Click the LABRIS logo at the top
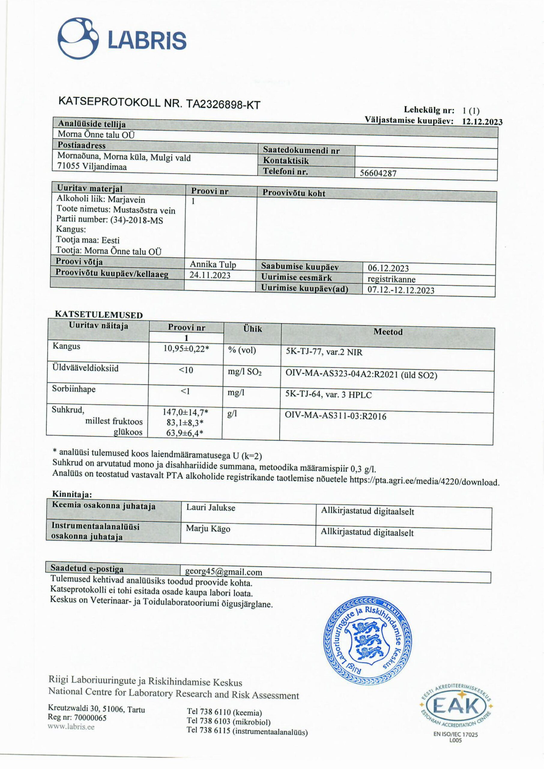pyautogui.click(x=122, y=39)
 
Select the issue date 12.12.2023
pyautogui.click(x=482, y=122)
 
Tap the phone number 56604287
pyautogui.click(x=378, y=173)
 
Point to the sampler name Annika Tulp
pyautogui.click(x=213, y=264)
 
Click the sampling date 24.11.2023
pyautogui.click(x=210, y=275)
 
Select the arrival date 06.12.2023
pyautogui.click(x=388, y=268)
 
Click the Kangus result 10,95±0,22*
pyautogui.click(x=186, y=348)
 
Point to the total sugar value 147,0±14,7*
pyautogui.click(x=186, y=412)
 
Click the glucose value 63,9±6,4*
pyautogui.click(x=185, y=433)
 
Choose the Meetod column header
pyautogui.click(x=388, y=332)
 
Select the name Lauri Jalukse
pyautogui.click(x=211, y=508)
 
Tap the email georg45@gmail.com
pyautogui.click(x=223, y=572)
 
